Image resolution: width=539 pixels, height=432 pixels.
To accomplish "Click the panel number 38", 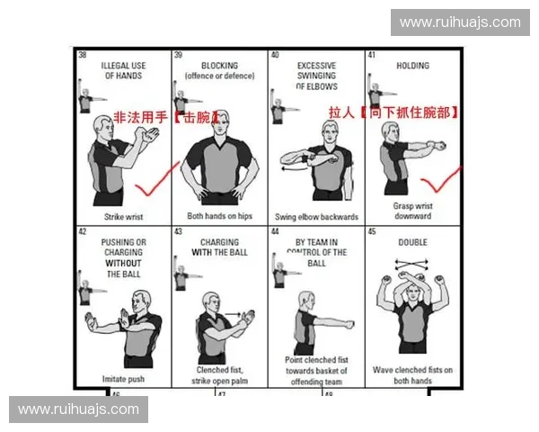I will click(83, 56).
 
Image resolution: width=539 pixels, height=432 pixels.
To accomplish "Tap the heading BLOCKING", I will click(218, 66).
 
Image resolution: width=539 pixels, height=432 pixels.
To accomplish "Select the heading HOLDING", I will click(412, 66).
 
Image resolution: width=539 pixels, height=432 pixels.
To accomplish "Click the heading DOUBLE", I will click(412, 242).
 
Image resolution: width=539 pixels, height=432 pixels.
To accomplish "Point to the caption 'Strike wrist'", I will click(121, 216).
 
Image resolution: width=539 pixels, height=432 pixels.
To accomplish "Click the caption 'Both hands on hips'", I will click(218, 216).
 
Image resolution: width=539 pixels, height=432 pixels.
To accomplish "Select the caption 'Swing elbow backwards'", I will click(316, 216).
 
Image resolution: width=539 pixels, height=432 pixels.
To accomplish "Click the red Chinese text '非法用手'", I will click(141, 118).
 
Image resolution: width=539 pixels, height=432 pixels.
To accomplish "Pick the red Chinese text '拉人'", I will click(342, 112).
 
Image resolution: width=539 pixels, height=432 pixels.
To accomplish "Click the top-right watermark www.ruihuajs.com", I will click(459, 22).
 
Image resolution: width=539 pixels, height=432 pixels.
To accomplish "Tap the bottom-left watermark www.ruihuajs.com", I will click(79, 409).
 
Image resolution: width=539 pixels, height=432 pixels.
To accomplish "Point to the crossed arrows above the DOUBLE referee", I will click(412, 268).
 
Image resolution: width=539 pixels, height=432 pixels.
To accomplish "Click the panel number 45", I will click(373, 231).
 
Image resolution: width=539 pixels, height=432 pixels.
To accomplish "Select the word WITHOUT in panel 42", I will click(121, 264).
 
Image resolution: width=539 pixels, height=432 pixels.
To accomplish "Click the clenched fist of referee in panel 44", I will click(349, 322).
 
